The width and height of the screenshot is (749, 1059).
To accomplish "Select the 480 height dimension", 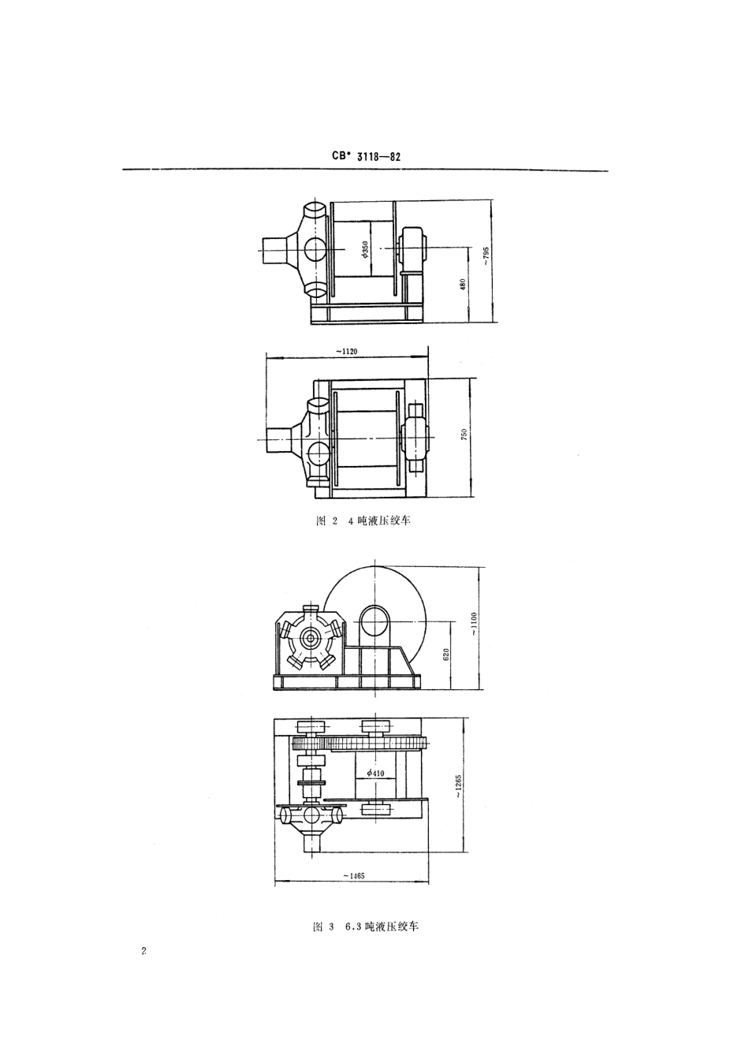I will pyautogui.click(x=463, y=285).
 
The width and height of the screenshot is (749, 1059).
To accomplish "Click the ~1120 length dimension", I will pyautogui.click(x=346, y=352).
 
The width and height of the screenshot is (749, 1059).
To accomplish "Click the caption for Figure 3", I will pyautogui.click(x=365, y=927).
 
